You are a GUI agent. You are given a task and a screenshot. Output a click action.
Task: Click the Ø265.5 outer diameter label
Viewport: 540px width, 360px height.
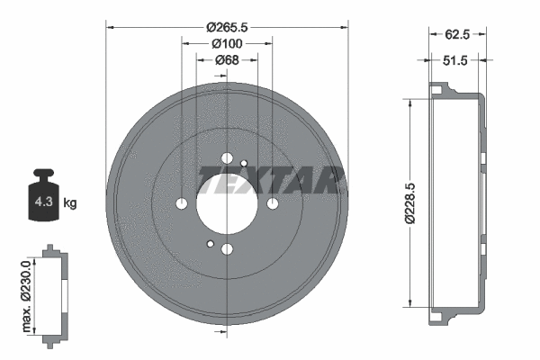(227, 27)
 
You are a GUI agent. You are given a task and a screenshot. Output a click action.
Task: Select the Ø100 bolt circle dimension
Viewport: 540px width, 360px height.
(227, 43)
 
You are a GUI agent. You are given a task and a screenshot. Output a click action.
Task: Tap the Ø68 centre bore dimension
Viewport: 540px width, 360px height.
(227, 60)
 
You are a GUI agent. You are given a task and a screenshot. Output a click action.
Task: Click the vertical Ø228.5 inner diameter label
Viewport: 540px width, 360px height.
(411, 203)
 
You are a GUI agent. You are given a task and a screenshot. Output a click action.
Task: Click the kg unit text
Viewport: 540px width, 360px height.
(70, 202)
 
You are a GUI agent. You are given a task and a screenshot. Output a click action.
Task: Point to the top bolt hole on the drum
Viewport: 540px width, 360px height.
(227, 158)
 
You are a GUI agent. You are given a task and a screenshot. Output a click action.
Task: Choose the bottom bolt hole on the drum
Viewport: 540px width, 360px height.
(227, 249)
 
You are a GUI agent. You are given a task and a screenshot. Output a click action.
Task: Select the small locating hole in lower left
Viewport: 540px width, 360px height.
(210, 244)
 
